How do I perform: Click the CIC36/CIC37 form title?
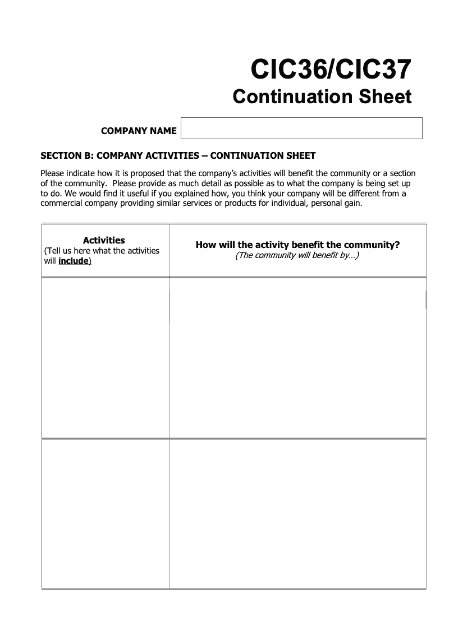click(331, 70)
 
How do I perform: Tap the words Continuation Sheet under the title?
click(322, 97)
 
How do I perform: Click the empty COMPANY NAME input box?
click(301, 128)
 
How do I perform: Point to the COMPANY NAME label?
click(139, 131)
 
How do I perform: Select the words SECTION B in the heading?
click(63, 155)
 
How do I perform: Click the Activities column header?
click(104, 240)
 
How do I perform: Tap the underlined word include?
click(74, 261)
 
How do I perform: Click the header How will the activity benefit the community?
click(297, 245)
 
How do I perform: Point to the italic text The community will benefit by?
click(297, 255)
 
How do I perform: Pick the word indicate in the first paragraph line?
click(82, 173)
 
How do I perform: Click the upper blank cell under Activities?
click(106, 357)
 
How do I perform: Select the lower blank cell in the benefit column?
click(297, 513)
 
